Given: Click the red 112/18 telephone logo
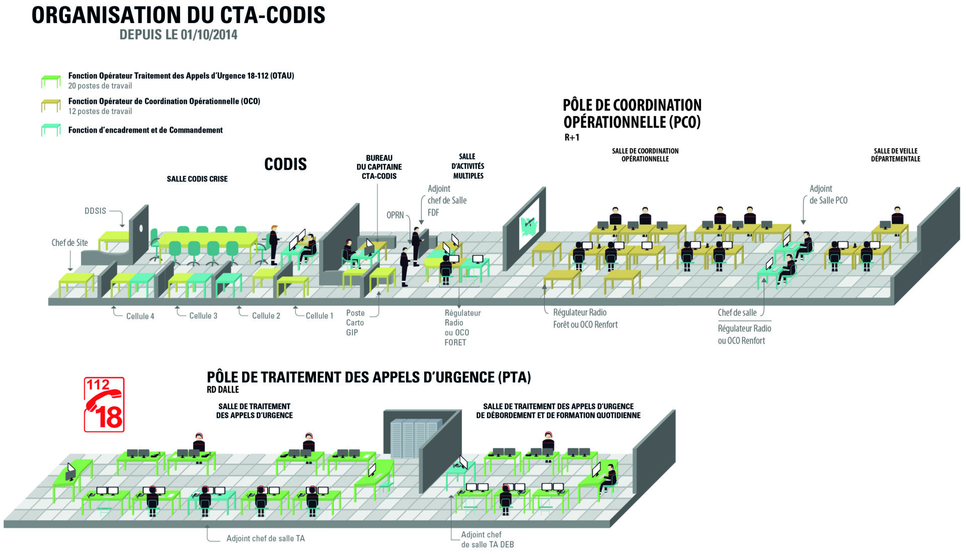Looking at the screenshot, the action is (104, 405).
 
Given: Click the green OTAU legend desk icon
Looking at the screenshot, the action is (51, 81).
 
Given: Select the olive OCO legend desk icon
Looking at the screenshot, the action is (51, 106).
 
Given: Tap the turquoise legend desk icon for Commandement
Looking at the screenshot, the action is (51, 130).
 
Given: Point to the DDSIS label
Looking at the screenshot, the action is (95, 211).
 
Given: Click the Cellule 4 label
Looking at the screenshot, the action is (140, 316).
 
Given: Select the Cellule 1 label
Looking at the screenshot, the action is (319, 316).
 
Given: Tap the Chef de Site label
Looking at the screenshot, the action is (69, 243).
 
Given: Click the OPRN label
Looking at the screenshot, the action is (395, 215).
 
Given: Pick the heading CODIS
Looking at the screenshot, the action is (285, 164).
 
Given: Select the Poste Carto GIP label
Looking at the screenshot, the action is (355, 323).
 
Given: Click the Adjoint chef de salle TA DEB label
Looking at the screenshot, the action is (488, 539).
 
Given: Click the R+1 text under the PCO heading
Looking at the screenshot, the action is (572, 137).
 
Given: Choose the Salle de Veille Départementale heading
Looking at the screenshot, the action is (896, 155).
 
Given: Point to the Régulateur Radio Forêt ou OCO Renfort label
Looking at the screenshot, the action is (585, 319).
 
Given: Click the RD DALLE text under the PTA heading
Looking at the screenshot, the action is (223, 390).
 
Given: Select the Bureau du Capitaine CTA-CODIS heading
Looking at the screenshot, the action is (379, 167).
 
